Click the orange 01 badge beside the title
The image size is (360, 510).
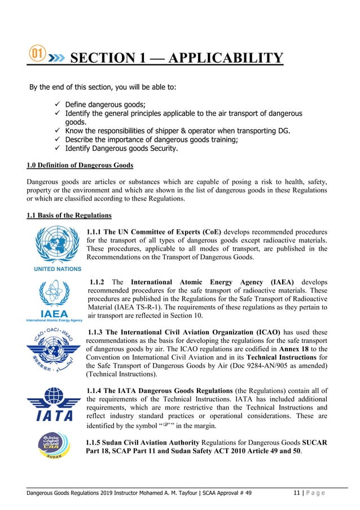pyautogui.click(x=37, y=55)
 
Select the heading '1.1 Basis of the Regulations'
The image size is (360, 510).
pyautogui.click(x=69, y=215)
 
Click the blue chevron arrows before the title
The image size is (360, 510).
pyautogui.click(x=57, y=58)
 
